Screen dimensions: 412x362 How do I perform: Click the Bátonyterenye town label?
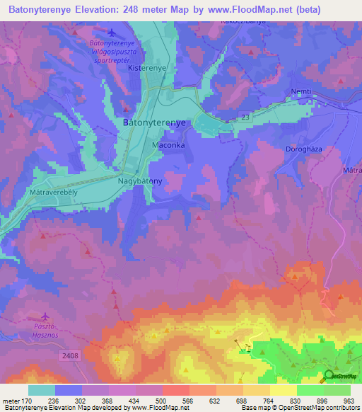pos(154,122)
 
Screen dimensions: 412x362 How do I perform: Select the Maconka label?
pos(168,145)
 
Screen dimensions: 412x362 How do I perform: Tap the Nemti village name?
pos(301,92)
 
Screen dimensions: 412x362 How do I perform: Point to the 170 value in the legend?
pos(26,400)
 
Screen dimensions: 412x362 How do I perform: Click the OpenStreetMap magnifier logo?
pos(329,375)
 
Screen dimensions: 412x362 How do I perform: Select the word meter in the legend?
pos(10,400)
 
